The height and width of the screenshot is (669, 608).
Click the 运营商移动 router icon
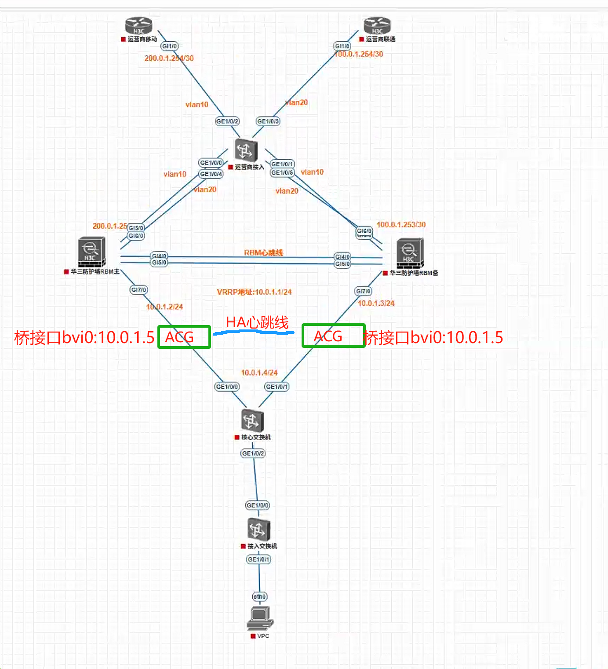click(x=138, y=26)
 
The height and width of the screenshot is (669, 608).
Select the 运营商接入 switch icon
click(x=246, y=151)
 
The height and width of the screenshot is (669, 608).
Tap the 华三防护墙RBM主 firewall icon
click(x=91, y=252)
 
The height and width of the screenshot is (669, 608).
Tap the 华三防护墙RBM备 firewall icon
click(x=410, y=253)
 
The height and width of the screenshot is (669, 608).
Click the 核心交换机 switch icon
click(x=252, y=421)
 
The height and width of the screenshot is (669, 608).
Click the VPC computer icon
click(x=260, y=618)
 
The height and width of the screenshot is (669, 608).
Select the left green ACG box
click(x=184, y=337)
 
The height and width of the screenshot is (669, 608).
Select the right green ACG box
click(x=333, y=336)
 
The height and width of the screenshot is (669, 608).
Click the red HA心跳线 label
click(x=257, y=322)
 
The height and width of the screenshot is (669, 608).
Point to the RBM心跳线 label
click(x=263, y=252)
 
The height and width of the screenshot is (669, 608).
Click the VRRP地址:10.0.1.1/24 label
click(x=254, y=292)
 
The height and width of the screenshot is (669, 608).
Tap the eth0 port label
click(x=259, y=596)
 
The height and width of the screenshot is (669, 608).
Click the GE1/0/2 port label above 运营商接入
click(x=227, y=121)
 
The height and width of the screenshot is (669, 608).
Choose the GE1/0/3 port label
click(x=268, y=121)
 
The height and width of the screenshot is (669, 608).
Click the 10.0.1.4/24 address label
click(x=259, y=373)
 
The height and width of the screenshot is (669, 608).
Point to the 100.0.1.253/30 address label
click(x=401, y=224)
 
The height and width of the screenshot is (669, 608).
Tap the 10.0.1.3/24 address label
click(x=376, y=303)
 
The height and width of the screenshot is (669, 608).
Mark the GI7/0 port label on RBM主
click(x=139, y=290)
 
